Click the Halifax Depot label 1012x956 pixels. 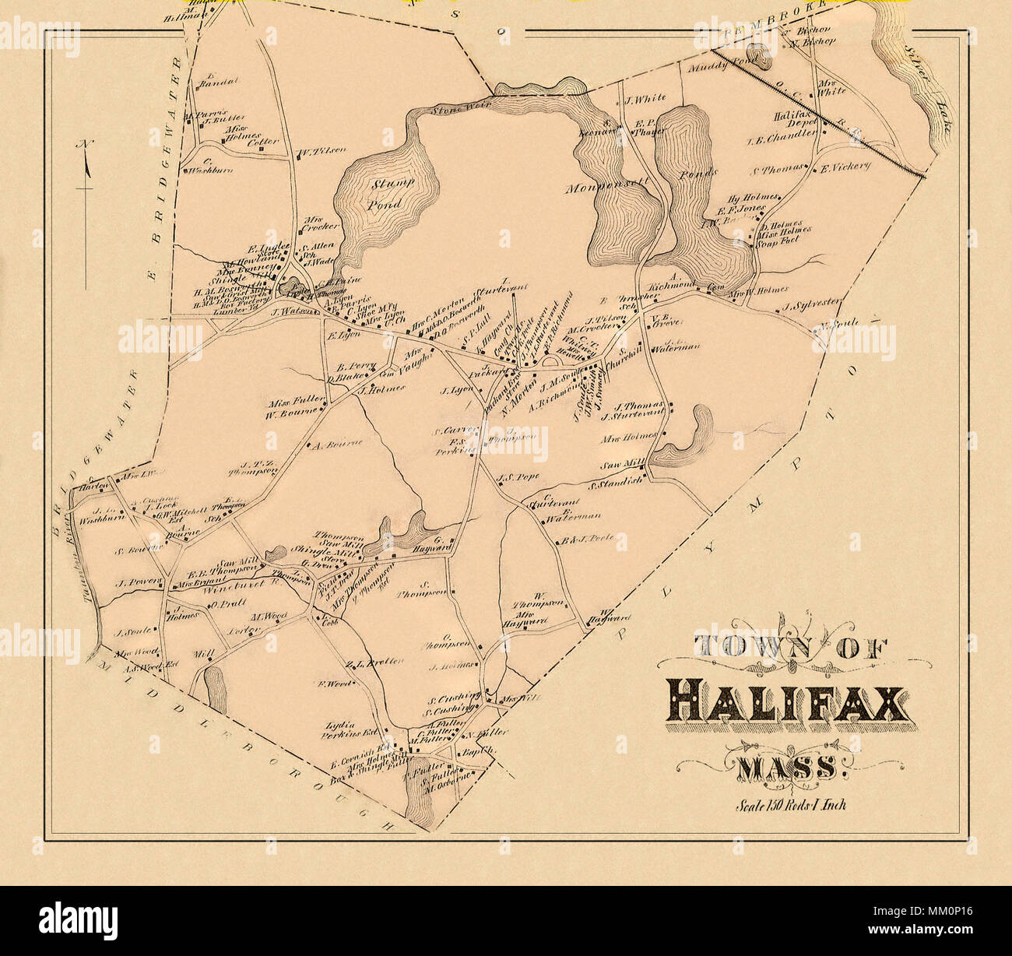pyautogui.click(x=793, y=120)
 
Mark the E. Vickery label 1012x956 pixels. pyautogui.click(x=845, y=167)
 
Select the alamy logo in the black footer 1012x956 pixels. pyautogui.click(x=79, y=919)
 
